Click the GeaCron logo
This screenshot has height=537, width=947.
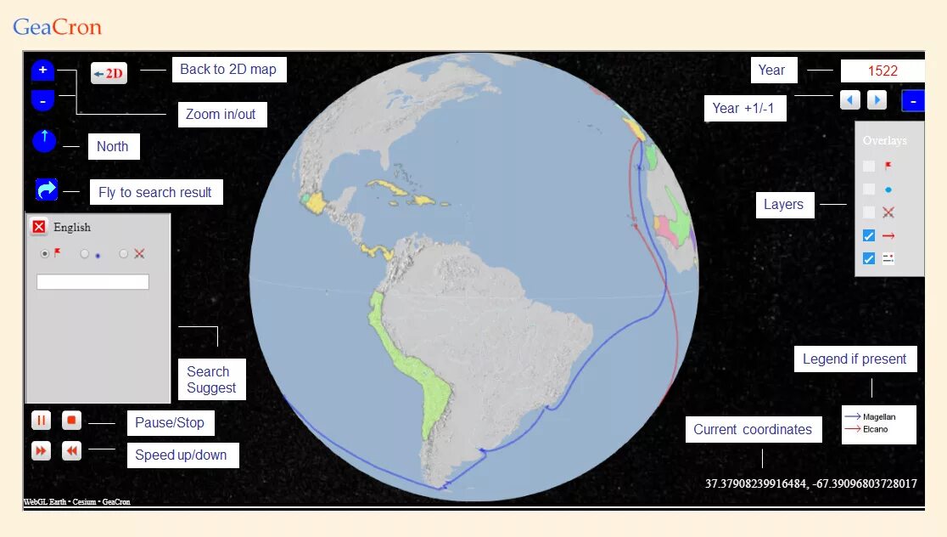point(57,27)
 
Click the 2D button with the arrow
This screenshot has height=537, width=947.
point(109,73)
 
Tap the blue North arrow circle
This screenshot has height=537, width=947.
point(44,141)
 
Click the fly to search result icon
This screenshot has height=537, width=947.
point(47,189)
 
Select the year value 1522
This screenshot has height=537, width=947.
point(883,71)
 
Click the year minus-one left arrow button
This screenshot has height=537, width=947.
point(849,100)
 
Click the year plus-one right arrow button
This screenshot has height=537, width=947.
point(877,100)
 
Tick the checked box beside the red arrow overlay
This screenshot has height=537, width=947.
point(869,235)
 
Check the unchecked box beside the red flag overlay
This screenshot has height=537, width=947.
point(869,167)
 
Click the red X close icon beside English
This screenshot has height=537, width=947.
point(38,227)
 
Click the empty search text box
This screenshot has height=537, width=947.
point(92,282)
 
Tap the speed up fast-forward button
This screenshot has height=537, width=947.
point(41,451)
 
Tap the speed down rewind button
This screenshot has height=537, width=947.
point(71,451)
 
